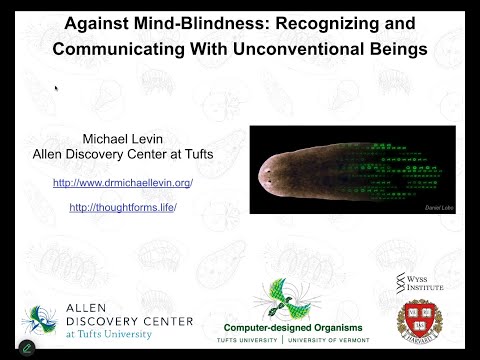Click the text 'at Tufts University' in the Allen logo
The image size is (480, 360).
tap(118, 334)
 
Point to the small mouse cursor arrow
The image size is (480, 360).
tap(56, 88)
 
